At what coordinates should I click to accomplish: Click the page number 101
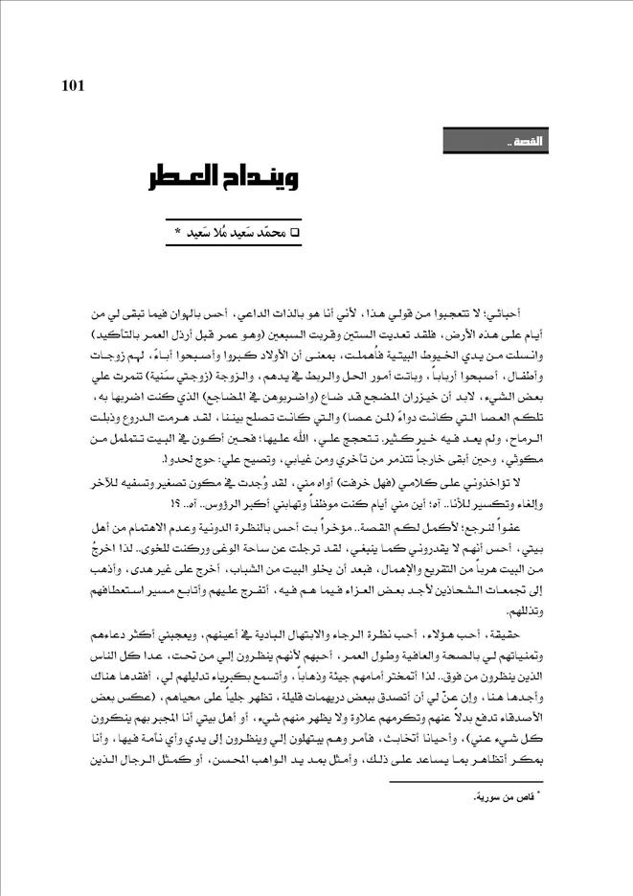click(74, 86)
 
